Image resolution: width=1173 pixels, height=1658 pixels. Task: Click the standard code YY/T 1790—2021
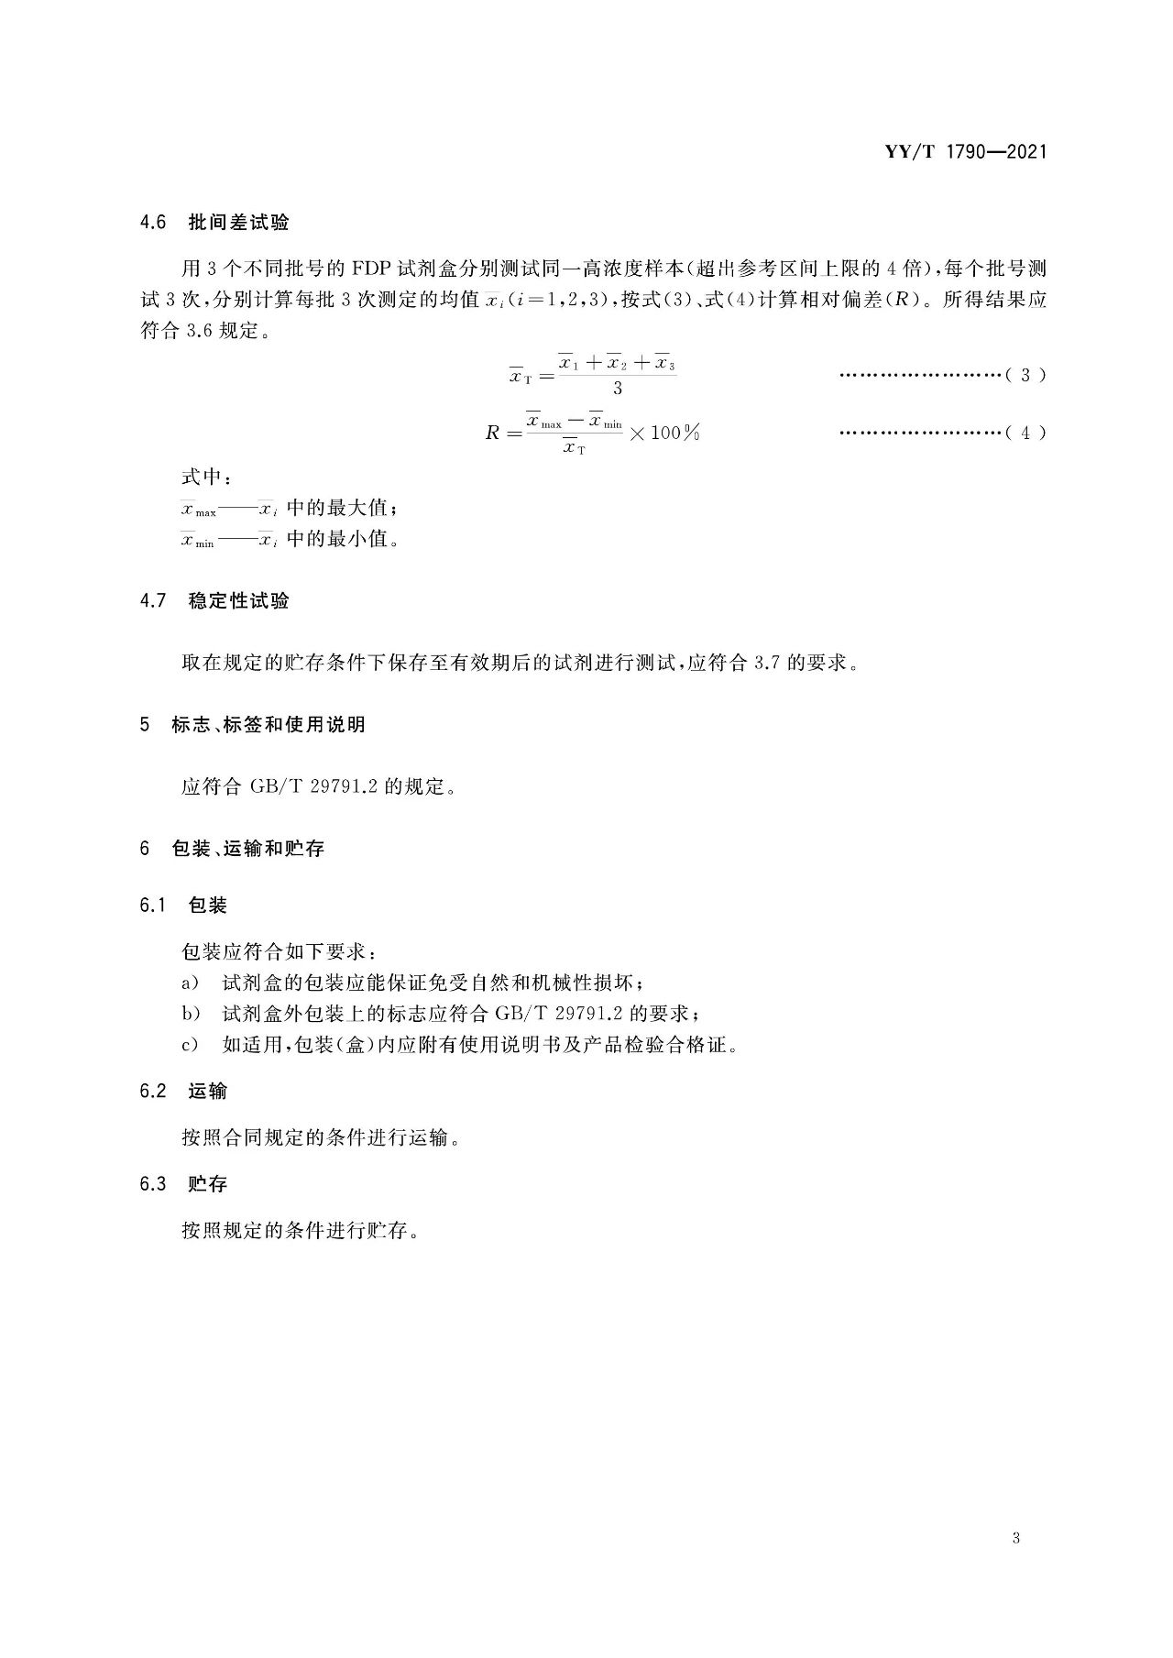[x=965, y=152]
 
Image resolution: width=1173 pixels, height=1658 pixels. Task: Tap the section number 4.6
[x=153, y=223]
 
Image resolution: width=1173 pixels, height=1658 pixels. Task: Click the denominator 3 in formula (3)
[x=617, y=389]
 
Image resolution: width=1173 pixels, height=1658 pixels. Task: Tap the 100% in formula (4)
[x=674, y=433]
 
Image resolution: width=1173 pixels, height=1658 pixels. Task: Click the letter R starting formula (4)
[x=492, y=434]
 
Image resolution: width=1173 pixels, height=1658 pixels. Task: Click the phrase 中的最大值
[x=342, y=508]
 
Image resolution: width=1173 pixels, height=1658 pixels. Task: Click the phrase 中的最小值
[x=342, y=538]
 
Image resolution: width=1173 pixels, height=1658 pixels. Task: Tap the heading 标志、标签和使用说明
[x=269, y=725]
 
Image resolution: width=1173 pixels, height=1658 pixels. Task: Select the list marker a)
[x=190, y=983]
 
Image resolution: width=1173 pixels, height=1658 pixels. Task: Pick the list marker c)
[x=190, y=1045]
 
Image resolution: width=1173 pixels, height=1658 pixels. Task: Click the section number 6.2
[x=153, y=1092]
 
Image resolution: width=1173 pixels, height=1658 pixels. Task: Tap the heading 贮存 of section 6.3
[x=207, y=1184]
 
